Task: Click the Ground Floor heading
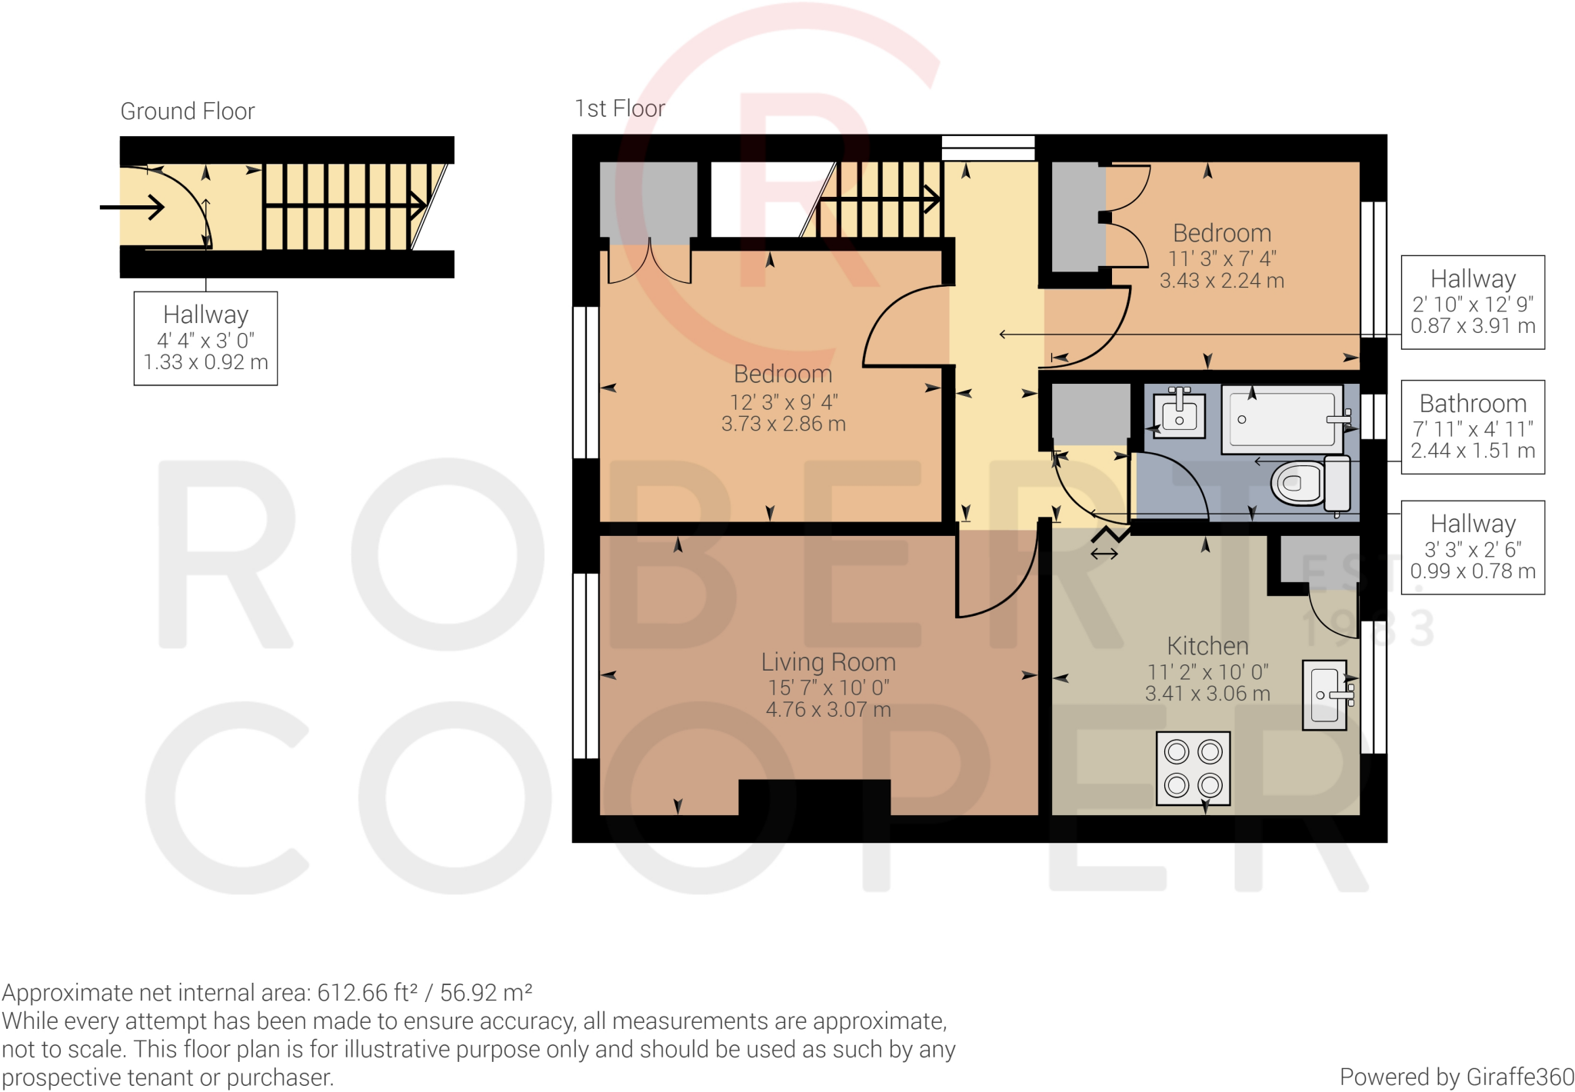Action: pyautogui.click(x=187, y=112)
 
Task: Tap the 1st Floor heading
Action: pyautogui.click(x=620, y=108)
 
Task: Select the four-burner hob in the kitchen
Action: pyautogui.click(x=1193, y=768)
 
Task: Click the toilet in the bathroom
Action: pyautogui.click(x=1310, y=483)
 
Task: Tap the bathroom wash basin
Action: pyautogui.click(x=1179, y=414)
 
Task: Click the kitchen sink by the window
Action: pyautogui.click(x=1325, y=694)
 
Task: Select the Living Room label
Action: pyautogui.click(x=828, y=662)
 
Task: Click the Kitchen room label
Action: pyautogui.click(x=1207, y=646)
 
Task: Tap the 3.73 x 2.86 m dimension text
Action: pyautogui.click(x=783, y=424)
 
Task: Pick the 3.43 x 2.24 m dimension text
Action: pyautogui.click(x=1221, y=281)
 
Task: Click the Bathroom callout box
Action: pyautogui.click(x=1472, y=427)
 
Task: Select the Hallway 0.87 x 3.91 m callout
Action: pyautogui.click(x=1472, y=302)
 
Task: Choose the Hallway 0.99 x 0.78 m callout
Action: pyautogui.click(x=1472, y=547)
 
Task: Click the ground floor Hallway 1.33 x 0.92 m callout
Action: pyautogui.click(x=205, y=338)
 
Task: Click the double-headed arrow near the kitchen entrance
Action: pyautogui.click(x=1104, y=554)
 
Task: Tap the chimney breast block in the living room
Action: pyautogui.click(x=814, y=797)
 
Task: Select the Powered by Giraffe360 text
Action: pyautogui.click(x=1456, y=1077)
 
